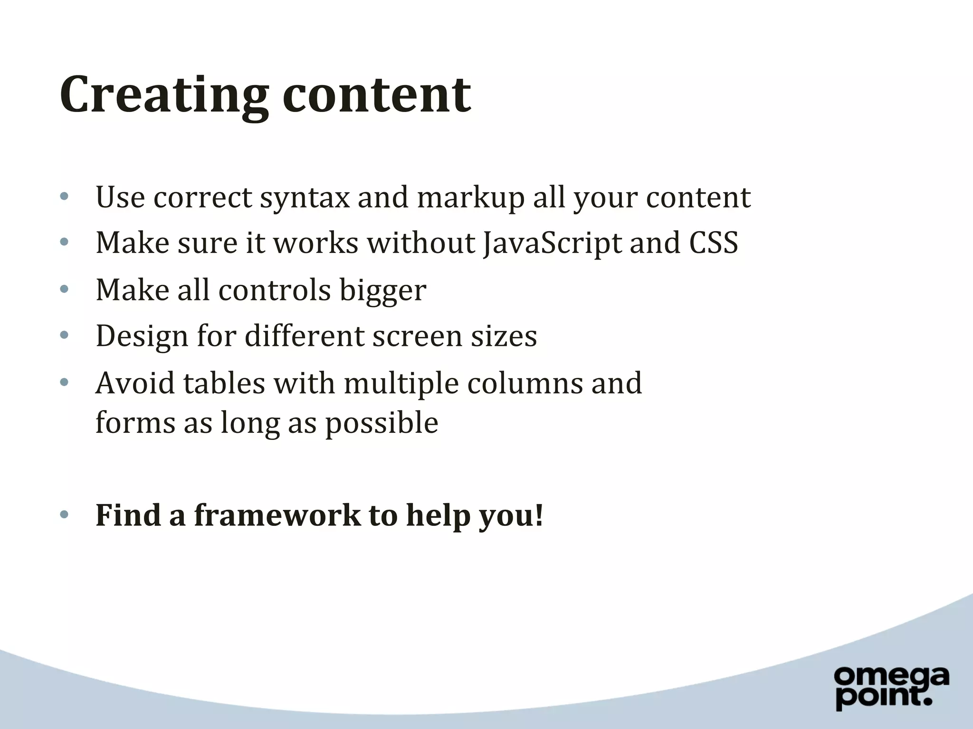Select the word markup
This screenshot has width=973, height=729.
470,197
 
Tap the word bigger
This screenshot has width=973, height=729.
382,290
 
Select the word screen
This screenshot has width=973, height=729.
417,336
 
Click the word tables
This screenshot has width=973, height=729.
224,383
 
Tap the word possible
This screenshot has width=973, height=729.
382,422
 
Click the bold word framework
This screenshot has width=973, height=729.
277,515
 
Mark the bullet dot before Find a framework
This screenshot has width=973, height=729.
65,515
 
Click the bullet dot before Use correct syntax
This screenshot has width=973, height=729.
65,196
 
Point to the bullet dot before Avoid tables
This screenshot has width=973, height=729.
65,382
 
